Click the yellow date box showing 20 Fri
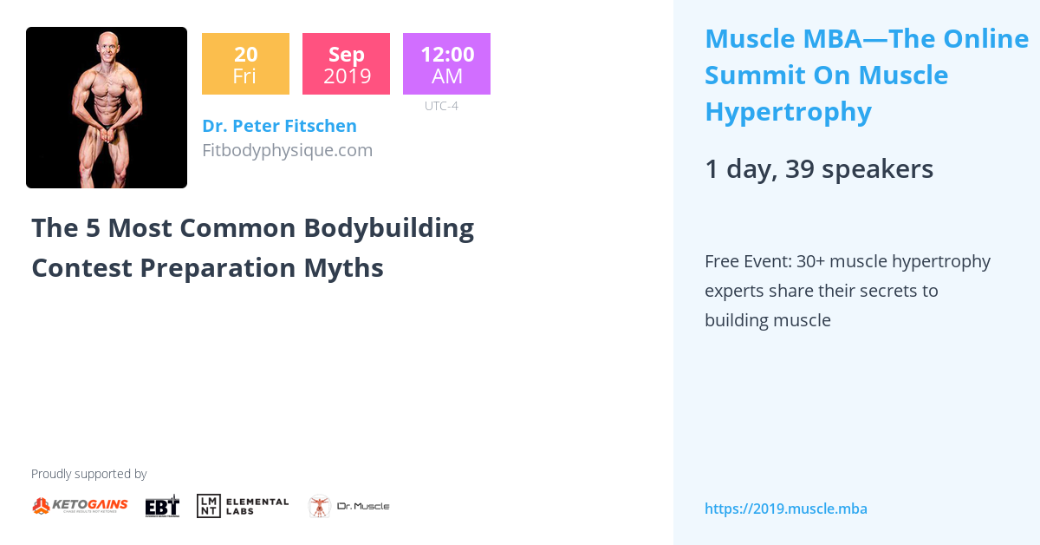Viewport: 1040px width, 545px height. pyautogui.click(x=245, y=64)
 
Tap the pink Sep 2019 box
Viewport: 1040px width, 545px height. pyautogui.click(x=346, y=64)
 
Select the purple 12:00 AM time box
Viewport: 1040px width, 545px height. pyautogui.click(x=446, y=64)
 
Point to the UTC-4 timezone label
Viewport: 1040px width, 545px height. pyautogui.click(x=441, y=106)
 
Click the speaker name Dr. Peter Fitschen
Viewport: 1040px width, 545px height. pyautogui.click(x=279, y=126)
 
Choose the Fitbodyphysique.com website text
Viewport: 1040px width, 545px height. pyautogui.click(x=287, y=150)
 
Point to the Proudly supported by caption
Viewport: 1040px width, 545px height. pyautogui.click(x=88, y=474)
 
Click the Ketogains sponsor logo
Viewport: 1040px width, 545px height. pyautogui.click(x=80, y=506)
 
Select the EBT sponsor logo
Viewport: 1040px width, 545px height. pyautogui.click(x=162, y=506)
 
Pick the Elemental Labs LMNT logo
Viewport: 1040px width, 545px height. pyautogui.click(x=243, y=506)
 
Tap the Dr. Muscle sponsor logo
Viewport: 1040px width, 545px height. pyautogui.click(x=348, y=506)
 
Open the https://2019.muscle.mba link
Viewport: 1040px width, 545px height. pyautogui.click(x=785, y=509)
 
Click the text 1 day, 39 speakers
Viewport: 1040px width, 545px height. pyautogui.click(x=818, y=169)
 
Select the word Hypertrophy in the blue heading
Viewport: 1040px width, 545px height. pyautogui.click(x=787, y=112)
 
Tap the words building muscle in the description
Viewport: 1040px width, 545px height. pyautogui.click(x=767, y=320)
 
